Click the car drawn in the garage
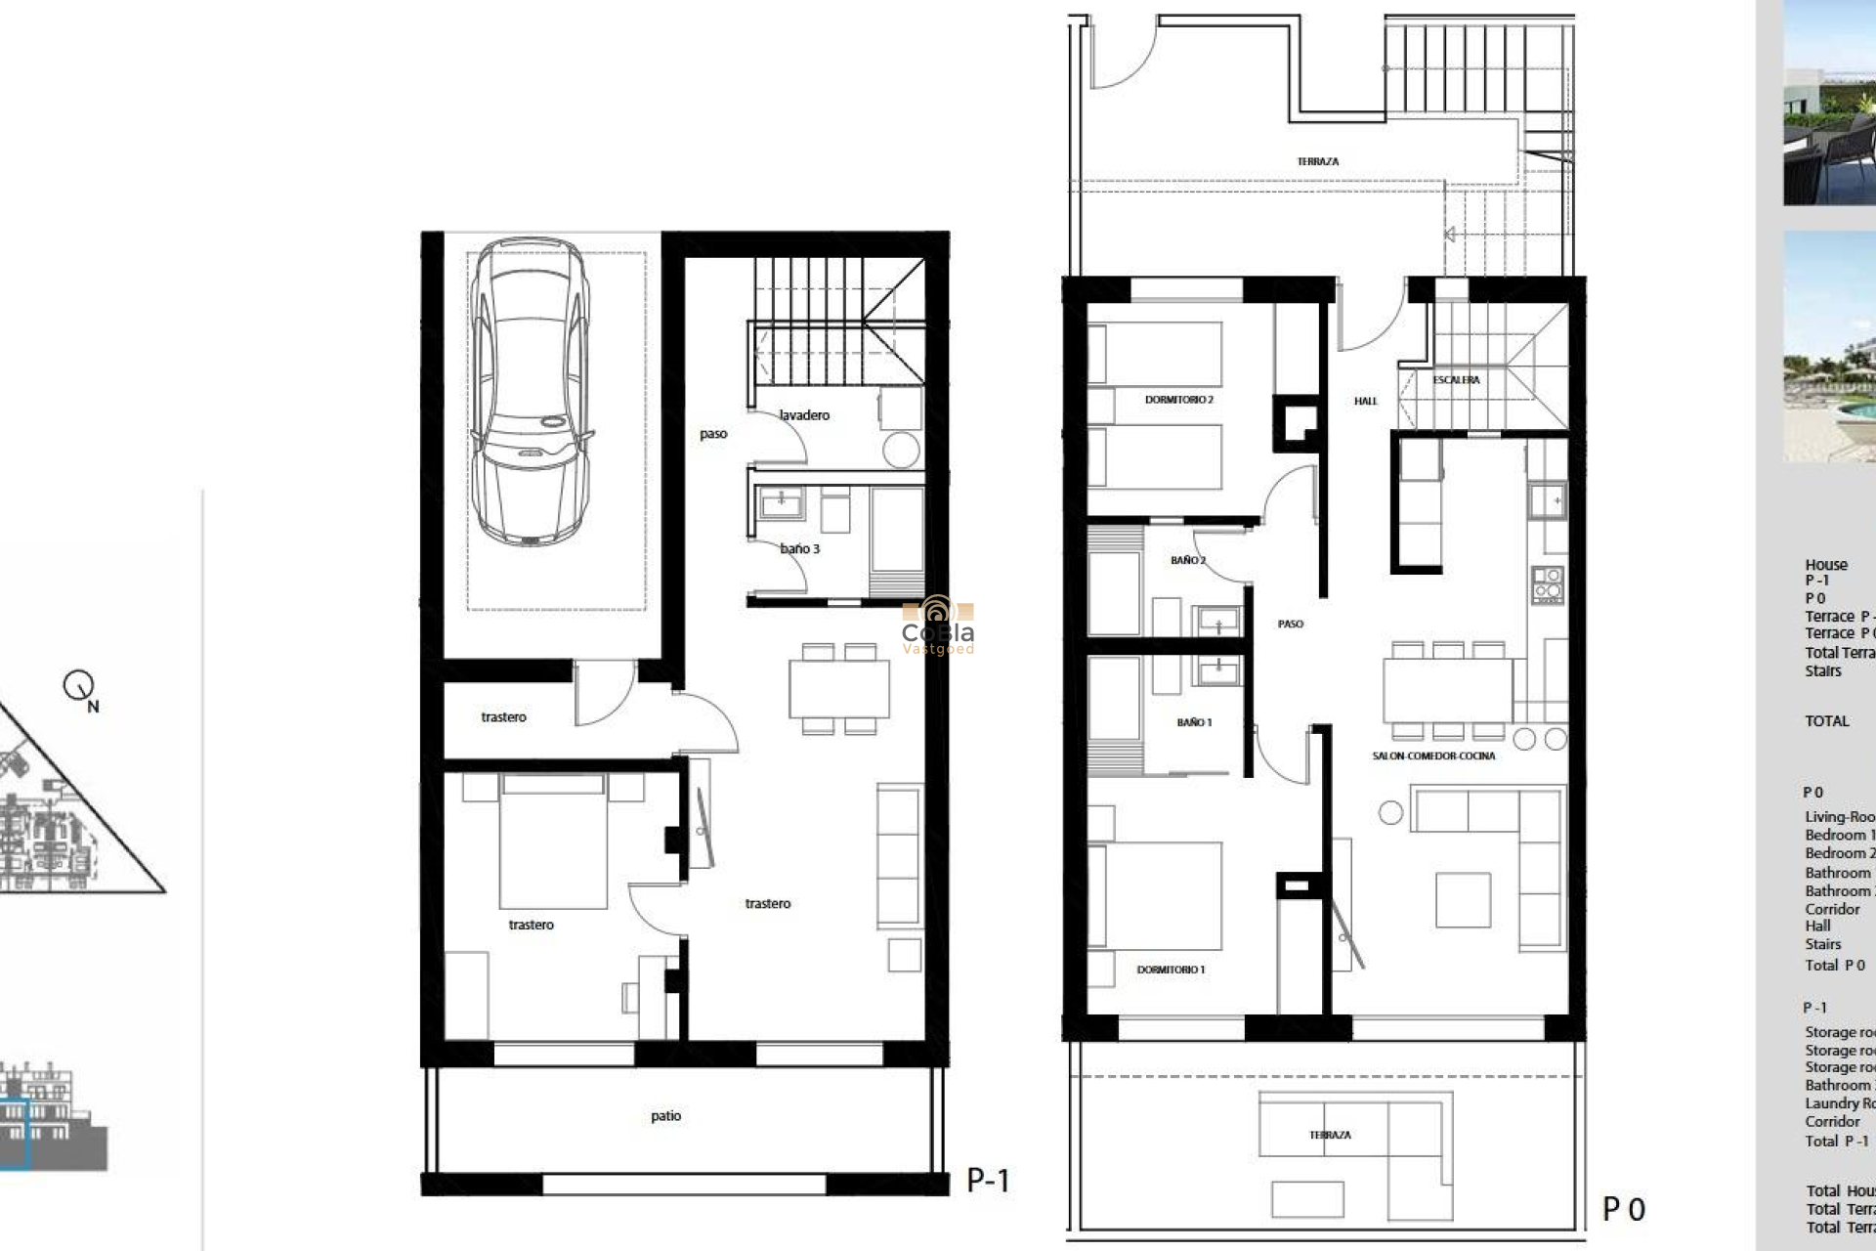tap(531, 391)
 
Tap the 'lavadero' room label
tap(804, 415)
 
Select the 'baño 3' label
tap(799, 549)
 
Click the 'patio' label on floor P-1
tap(665, 1116)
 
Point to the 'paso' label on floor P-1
tap(713, 434)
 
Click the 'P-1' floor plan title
tap(987, 1181)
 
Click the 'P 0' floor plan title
tap(1624, 1210)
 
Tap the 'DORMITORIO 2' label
tap(1178, 400)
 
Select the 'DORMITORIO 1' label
tap(1171, 970)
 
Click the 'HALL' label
tap(1365, 401)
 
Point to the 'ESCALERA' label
tap(1456, 380)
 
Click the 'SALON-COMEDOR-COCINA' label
tap(1433, 756)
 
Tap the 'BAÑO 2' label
tap(1188, 561)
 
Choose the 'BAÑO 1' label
tap(1194, 722)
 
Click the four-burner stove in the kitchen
tap(1548, 584)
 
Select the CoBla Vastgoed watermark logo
tap(937, 625)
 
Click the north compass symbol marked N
tap(80, 688)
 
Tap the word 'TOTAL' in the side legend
tap(1826, 721)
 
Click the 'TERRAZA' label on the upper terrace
tap(1317, 161)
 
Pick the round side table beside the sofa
tap(1390, 812)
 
